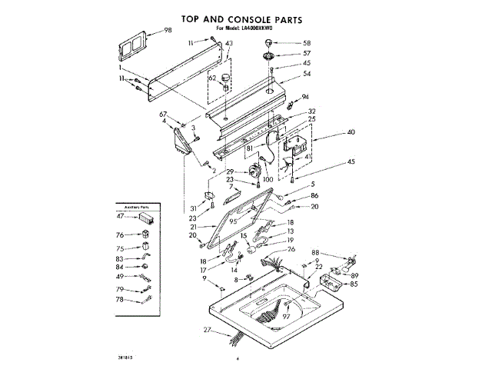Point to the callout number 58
307,43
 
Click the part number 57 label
307,53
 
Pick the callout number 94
305,97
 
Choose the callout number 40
351,133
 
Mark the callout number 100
268,179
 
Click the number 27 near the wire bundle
207,330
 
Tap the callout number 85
354,284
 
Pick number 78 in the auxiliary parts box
120,300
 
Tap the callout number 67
164,115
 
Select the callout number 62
213,78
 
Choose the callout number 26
291,249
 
